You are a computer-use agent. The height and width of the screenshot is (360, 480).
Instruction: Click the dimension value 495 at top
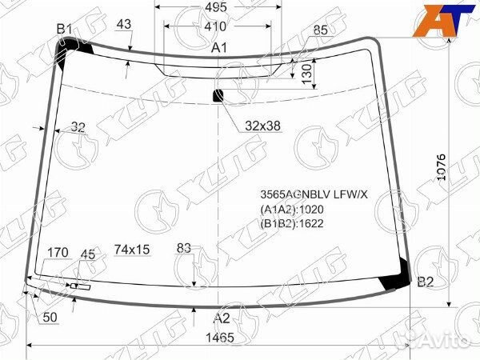coord(215,7)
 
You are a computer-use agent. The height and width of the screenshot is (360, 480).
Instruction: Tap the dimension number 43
coord(123,25)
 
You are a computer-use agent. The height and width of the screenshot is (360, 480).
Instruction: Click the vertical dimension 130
coord(307,74)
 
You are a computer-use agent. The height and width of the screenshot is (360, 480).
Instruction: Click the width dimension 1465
coord(219,338)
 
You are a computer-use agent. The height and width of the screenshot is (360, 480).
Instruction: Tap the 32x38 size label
coord(263,126)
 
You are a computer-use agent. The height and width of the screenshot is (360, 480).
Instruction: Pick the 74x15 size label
coord(132,249)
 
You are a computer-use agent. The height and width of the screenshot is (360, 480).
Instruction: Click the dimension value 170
coord(57,254)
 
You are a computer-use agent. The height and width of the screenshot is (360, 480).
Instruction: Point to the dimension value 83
coord(185,249)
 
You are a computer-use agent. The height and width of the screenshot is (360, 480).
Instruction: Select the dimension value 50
coord(50,318)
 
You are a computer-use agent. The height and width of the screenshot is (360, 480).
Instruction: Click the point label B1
coord(64,30)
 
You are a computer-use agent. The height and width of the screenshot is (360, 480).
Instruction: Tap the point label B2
coord(426,282)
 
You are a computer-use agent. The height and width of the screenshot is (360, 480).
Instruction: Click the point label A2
coord(222,318)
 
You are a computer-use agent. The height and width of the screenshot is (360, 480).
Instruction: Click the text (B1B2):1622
coord(291,223)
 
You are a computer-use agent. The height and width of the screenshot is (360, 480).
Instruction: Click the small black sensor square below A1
coord(218,97)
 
